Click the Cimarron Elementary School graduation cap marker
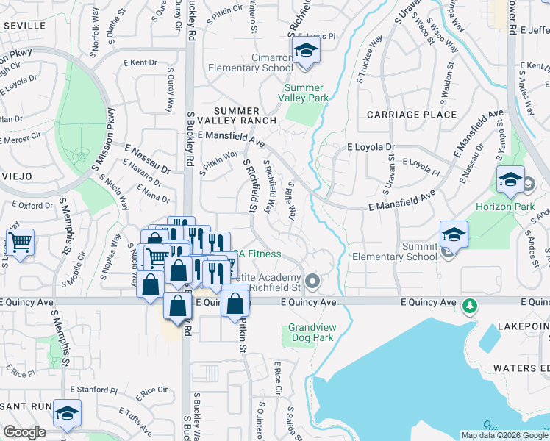point(304,52)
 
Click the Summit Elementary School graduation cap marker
point(454,236)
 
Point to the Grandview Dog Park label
point(311,332)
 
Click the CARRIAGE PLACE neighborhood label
point(411,115)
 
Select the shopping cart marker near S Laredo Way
point(21,241)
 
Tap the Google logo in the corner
point(24,432)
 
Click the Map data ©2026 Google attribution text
point(504,434)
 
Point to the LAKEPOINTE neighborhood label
point(522,325)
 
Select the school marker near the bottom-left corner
point(67,415)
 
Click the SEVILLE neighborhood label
point(24,25)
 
